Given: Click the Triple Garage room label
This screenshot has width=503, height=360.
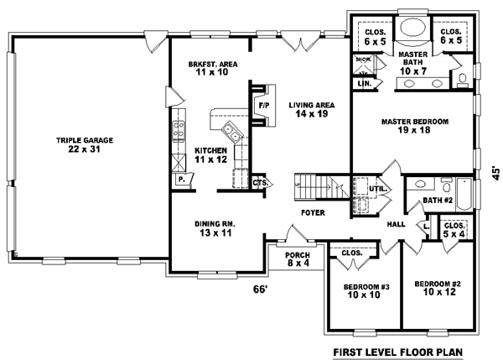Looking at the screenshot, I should [85, 145].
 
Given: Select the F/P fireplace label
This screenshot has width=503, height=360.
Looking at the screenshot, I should [262, 106].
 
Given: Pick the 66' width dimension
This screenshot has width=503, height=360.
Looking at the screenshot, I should [261, 290].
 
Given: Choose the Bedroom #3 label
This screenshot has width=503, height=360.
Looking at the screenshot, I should [366, 292].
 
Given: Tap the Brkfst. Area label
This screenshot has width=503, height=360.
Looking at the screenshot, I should [210, 68].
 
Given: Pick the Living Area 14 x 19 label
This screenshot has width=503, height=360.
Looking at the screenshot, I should [312, 110].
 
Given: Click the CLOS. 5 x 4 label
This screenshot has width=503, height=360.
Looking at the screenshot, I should [454, 230].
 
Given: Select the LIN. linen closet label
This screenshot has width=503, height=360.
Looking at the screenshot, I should [363, 84].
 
